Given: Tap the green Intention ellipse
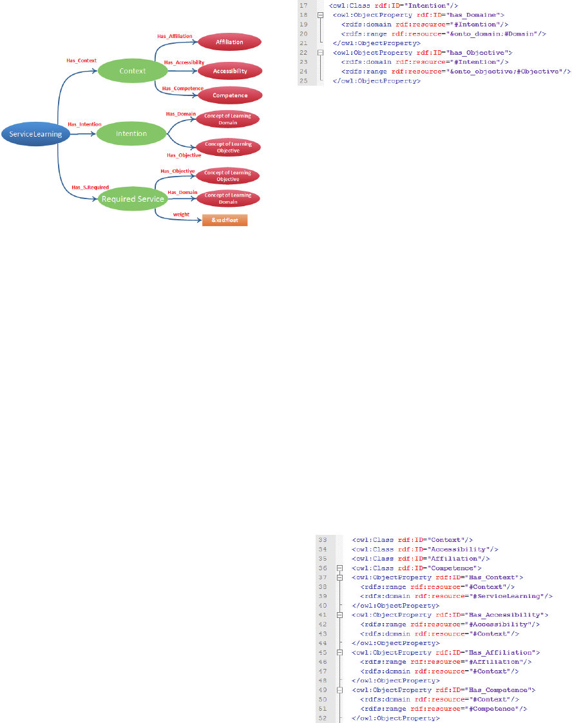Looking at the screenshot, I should (131, 133).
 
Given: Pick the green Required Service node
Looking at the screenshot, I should (132, 199).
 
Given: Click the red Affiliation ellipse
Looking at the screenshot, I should (229, 42).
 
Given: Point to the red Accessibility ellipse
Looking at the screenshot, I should (229, 71).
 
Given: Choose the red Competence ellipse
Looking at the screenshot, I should (229, 95).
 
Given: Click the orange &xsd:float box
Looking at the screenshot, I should (225, 220).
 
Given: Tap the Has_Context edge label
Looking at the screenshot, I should (81, 60).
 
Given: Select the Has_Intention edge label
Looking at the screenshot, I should (84, 124).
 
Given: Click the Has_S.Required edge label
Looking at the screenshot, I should (86, 188).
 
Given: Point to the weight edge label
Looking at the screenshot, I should (181, 214).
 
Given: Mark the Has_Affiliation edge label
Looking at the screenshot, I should (175, 36).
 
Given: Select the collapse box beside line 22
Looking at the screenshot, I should (321, 52).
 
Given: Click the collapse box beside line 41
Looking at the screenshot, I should (340, 615).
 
